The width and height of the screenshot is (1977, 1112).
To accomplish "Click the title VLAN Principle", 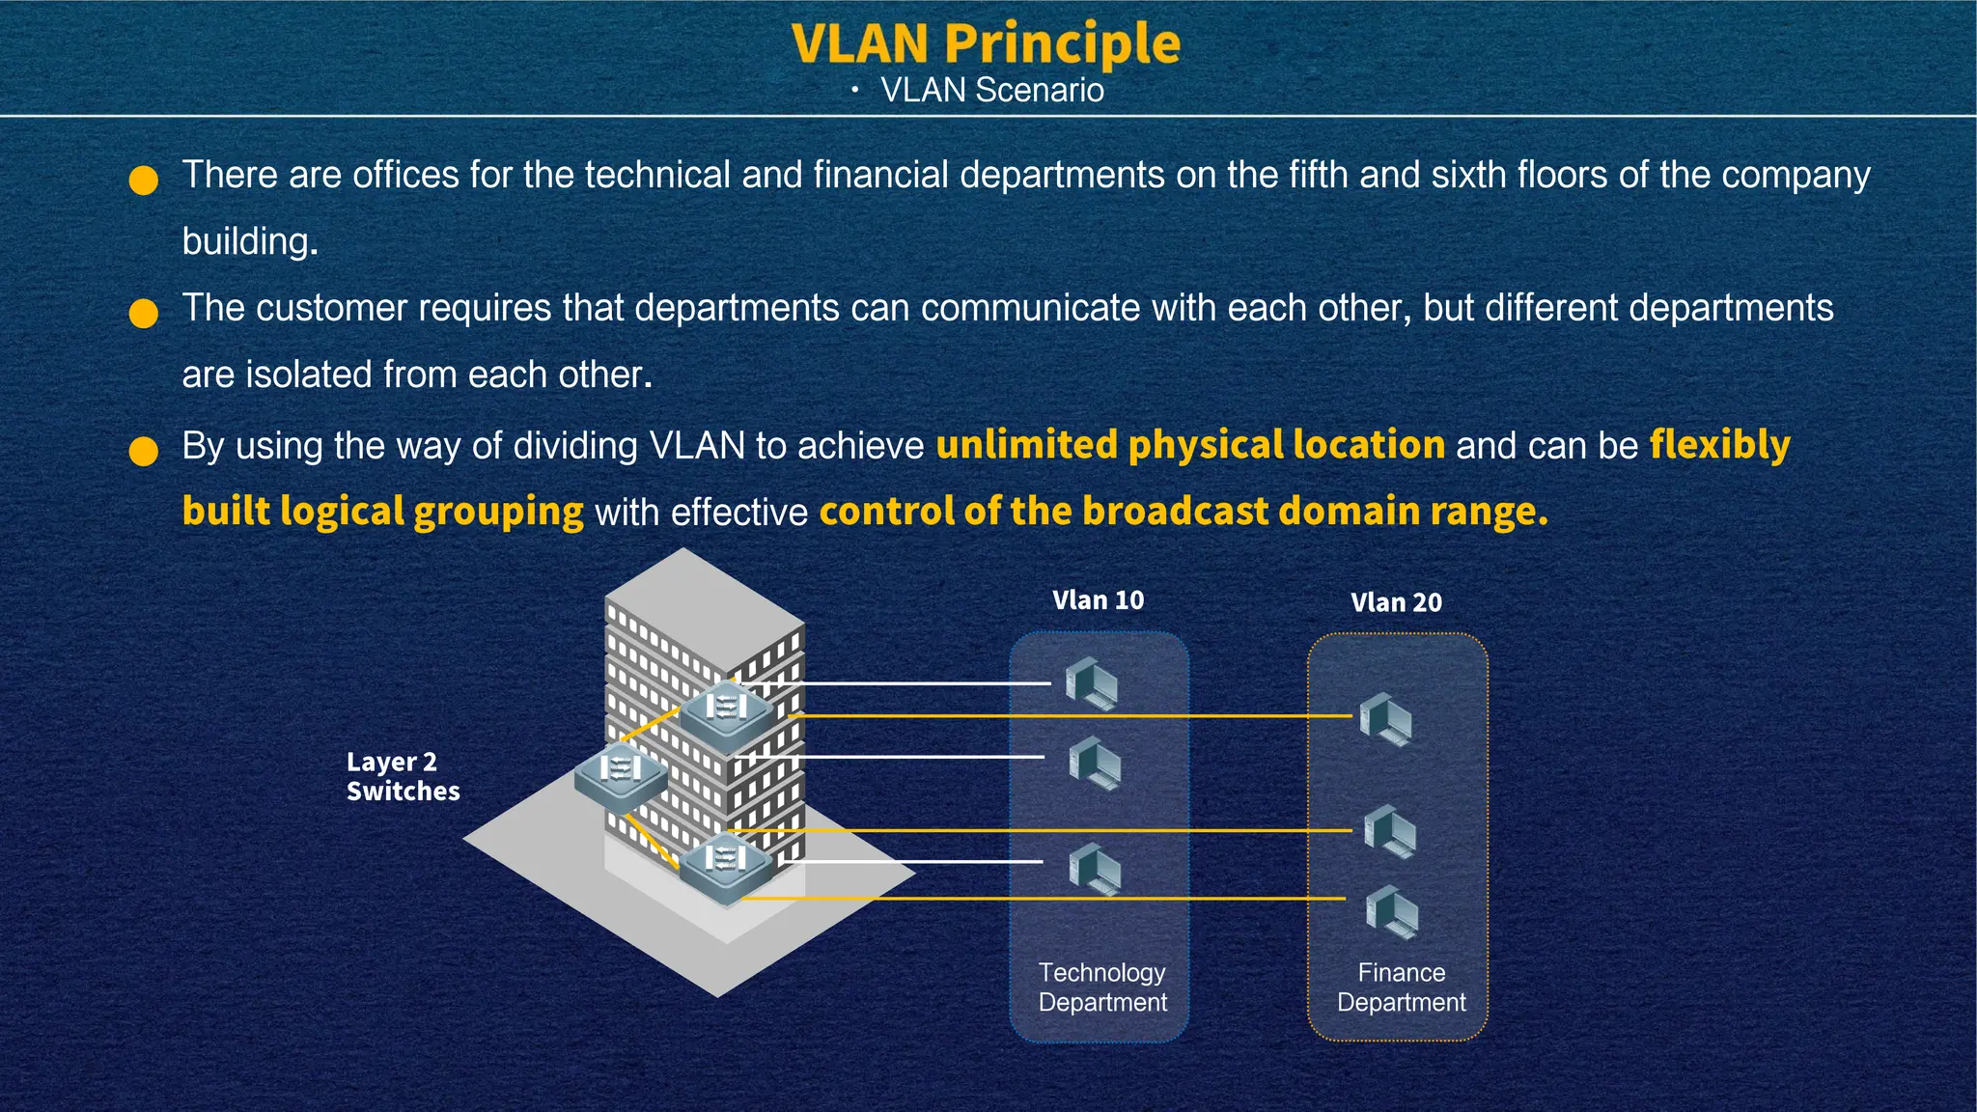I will tap(986, 43).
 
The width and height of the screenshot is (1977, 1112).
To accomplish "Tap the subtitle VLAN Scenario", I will tap(991, 90).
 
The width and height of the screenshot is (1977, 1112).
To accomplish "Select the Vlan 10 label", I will tap(1098, 600).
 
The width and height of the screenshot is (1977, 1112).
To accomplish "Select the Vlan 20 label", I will tap(1396, 602).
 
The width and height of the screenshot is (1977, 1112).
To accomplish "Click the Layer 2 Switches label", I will tap(402, 776).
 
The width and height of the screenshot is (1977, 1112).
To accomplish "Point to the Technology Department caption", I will tap(1102, 987).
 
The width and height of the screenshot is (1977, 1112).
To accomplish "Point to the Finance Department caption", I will tap(1401, 987).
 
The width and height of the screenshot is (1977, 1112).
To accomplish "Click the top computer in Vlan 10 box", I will tap(1092, 682).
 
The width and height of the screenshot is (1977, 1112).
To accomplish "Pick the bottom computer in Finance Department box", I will tap(1392, 911).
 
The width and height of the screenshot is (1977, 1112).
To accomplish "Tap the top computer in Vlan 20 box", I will tap(1386, 718).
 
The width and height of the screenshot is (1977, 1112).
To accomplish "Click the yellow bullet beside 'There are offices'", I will tap(144, 181).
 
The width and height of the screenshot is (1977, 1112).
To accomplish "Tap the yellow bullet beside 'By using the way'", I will tap(144, 451).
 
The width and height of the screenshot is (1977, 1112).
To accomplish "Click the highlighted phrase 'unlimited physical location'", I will tap(1190, 445).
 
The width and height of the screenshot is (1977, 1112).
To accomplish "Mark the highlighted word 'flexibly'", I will tap(1719, 445).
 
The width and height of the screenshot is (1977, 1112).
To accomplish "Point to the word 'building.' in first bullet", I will tap(250, 241).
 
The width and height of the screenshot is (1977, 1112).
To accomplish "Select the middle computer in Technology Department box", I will tap(1095, 763).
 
